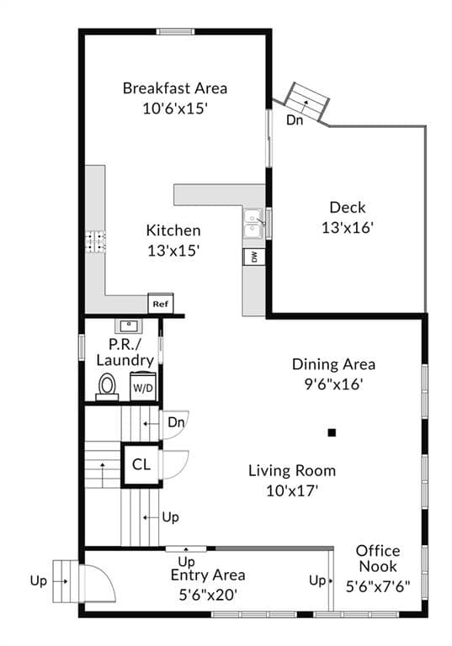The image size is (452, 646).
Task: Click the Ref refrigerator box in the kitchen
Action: (161, 304)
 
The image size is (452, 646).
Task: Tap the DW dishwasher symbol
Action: (254, 257)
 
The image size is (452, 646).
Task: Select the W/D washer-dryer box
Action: (143, 386)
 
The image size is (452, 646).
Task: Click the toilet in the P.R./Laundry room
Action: (107, 387)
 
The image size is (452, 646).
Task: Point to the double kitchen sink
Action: (253, 223)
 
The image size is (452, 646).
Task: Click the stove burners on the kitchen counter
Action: (95, 241)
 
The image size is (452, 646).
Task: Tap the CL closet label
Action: (141, 464)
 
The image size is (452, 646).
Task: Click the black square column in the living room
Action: (332, 432)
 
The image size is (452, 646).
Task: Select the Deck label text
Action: (348, 207)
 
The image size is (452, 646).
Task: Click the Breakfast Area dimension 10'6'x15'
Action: (175, 109)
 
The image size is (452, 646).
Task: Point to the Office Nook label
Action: (378, 559)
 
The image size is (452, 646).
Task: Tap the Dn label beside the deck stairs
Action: (295, 120)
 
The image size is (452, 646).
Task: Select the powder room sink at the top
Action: (128, 326)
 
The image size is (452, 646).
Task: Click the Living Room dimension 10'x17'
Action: (292, 490)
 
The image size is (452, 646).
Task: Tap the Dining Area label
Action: (333, 364)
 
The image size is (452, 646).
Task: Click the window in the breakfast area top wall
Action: (175, 31)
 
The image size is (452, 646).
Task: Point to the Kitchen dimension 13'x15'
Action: (173, 250)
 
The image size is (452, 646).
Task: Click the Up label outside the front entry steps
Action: (39, 581)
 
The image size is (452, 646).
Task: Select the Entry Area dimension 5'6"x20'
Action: (208, 595)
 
